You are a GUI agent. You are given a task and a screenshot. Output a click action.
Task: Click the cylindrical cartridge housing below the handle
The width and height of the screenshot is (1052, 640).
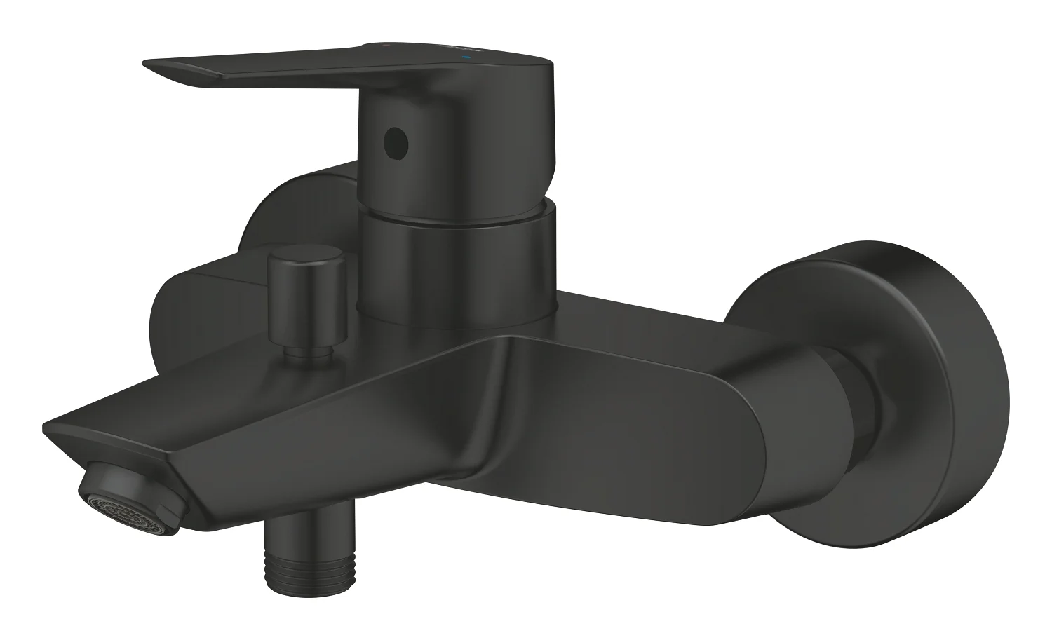tap(456, 259)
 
